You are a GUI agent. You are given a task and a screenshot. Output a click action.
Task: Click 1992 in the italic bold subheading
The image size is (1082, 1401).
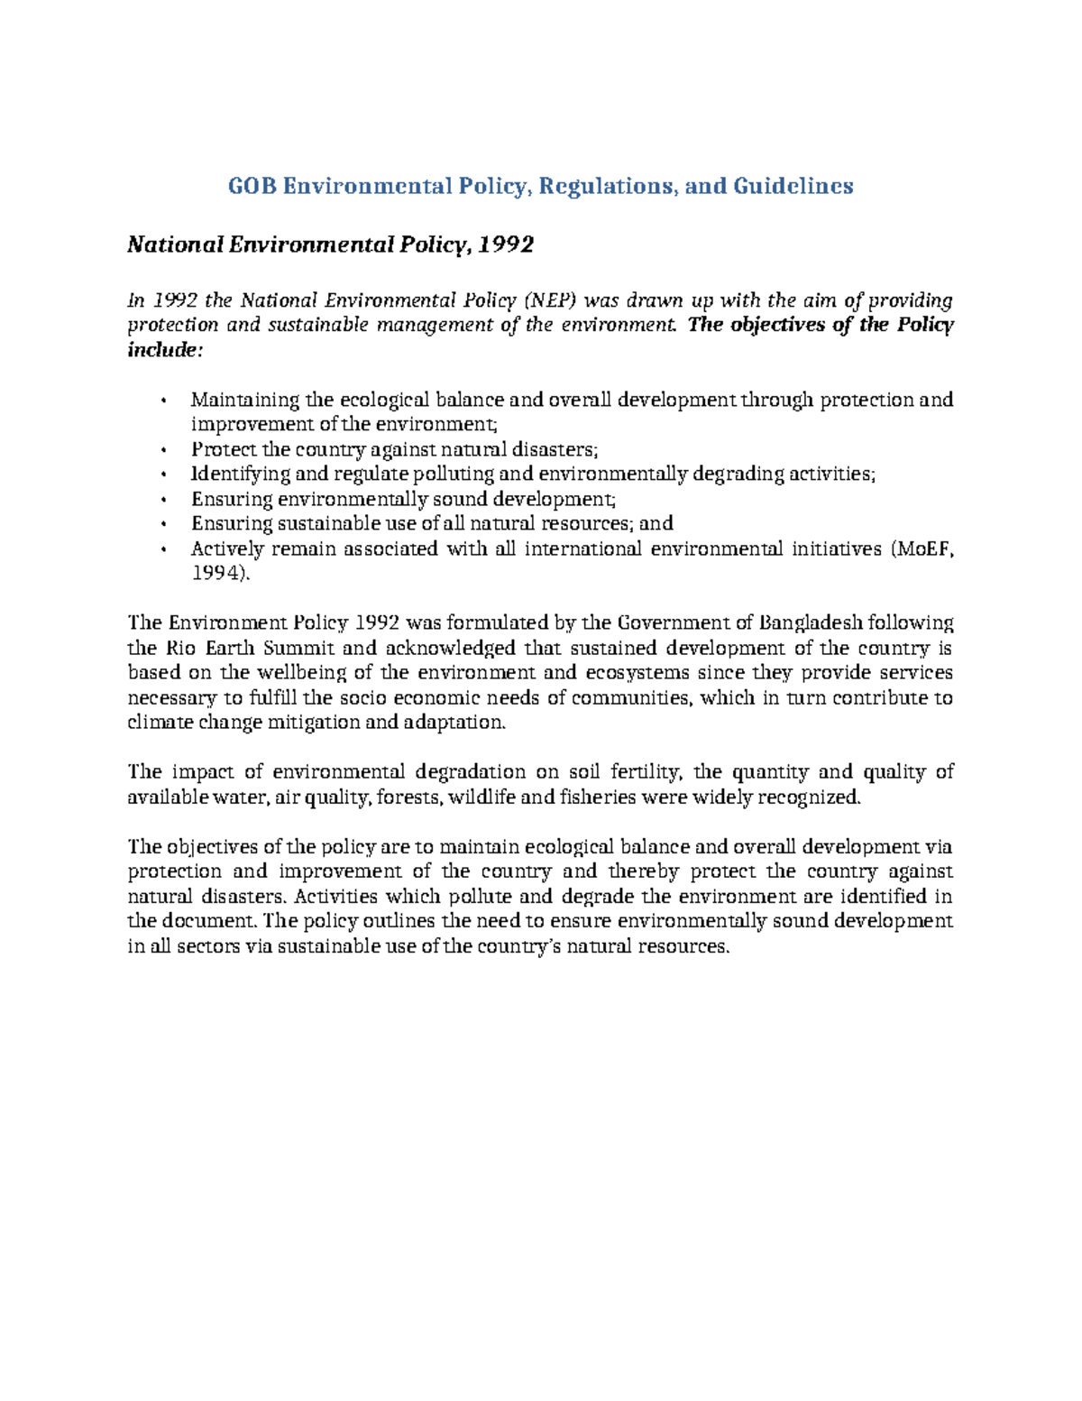(x=507, y=244)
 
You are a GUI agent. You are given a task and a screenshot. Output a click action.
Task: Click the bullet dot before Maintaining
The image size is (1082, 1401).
(x=162, y=401)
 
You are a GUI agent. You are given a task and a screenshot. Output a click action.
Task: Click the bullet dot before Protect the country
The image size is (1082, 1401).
(x=162, y=450)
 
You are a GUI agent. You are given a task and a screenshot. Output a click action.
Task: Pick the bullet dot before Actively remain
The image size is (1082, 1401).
(x=162, y=549)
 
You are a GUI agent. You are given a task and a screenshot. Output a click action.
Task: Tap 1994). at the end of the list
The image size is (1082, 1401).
(x=217, y=574)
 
